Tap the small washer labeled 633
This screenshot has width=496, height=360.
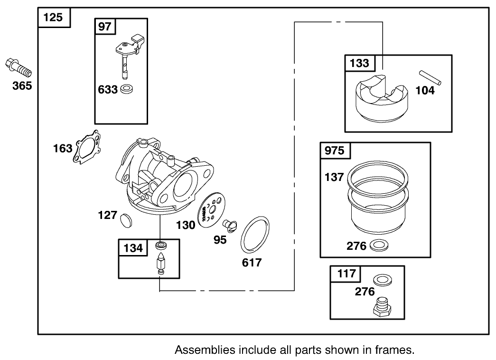point(126,89)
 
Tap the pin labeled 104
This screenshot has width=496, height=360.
point(430,78)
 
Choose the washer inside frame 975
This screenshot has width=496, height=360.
point(377,246)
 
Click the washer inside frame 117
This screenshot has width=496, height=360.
point(381,279)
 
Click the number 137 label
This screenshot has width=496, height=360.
point(333,177)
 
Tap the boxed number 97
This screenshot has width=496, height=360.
point(104,27)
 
